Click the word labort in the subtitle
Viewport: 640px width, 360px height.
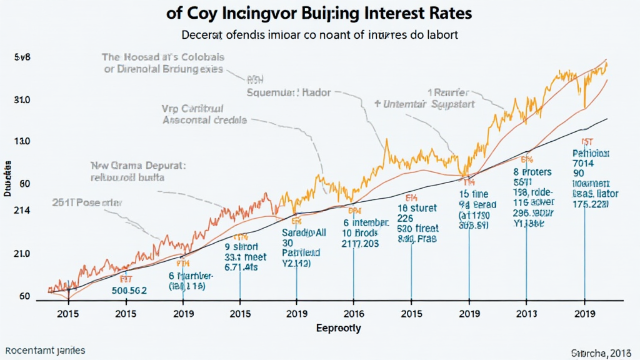(442, 35)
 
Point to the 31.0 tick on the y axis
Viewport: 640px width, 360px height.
(22, 100)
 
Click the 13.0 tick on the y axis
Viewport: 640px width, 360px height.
(22, 142)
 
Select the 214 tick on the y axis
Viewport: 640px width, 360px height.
(22, 211)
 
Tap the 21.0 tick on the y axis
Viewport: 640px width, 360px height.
(22, 254)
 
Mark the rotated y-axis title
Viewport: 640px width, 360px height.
(7, 179)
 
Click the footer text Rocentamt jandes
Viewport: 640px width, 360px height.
(44, 351)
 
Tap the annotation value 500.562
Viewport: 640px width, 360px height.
(129, 290)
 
